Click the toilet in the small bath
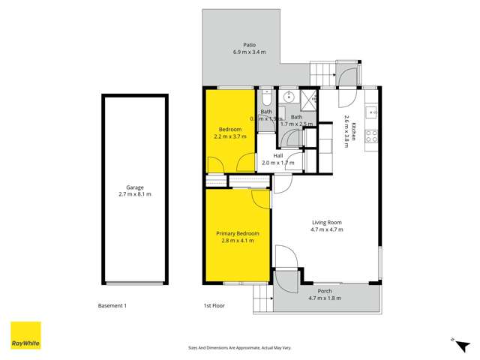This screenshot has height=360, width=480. pos(267,100)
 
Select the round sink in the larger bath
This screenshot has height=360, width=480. pos(288,96)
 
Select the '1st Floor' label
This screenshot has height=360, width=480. pos(214,306)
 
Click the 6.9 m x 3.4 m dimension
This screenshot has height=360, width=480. pos(239,52)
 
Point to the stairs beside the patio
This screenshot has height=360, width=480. pos(321,74)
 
